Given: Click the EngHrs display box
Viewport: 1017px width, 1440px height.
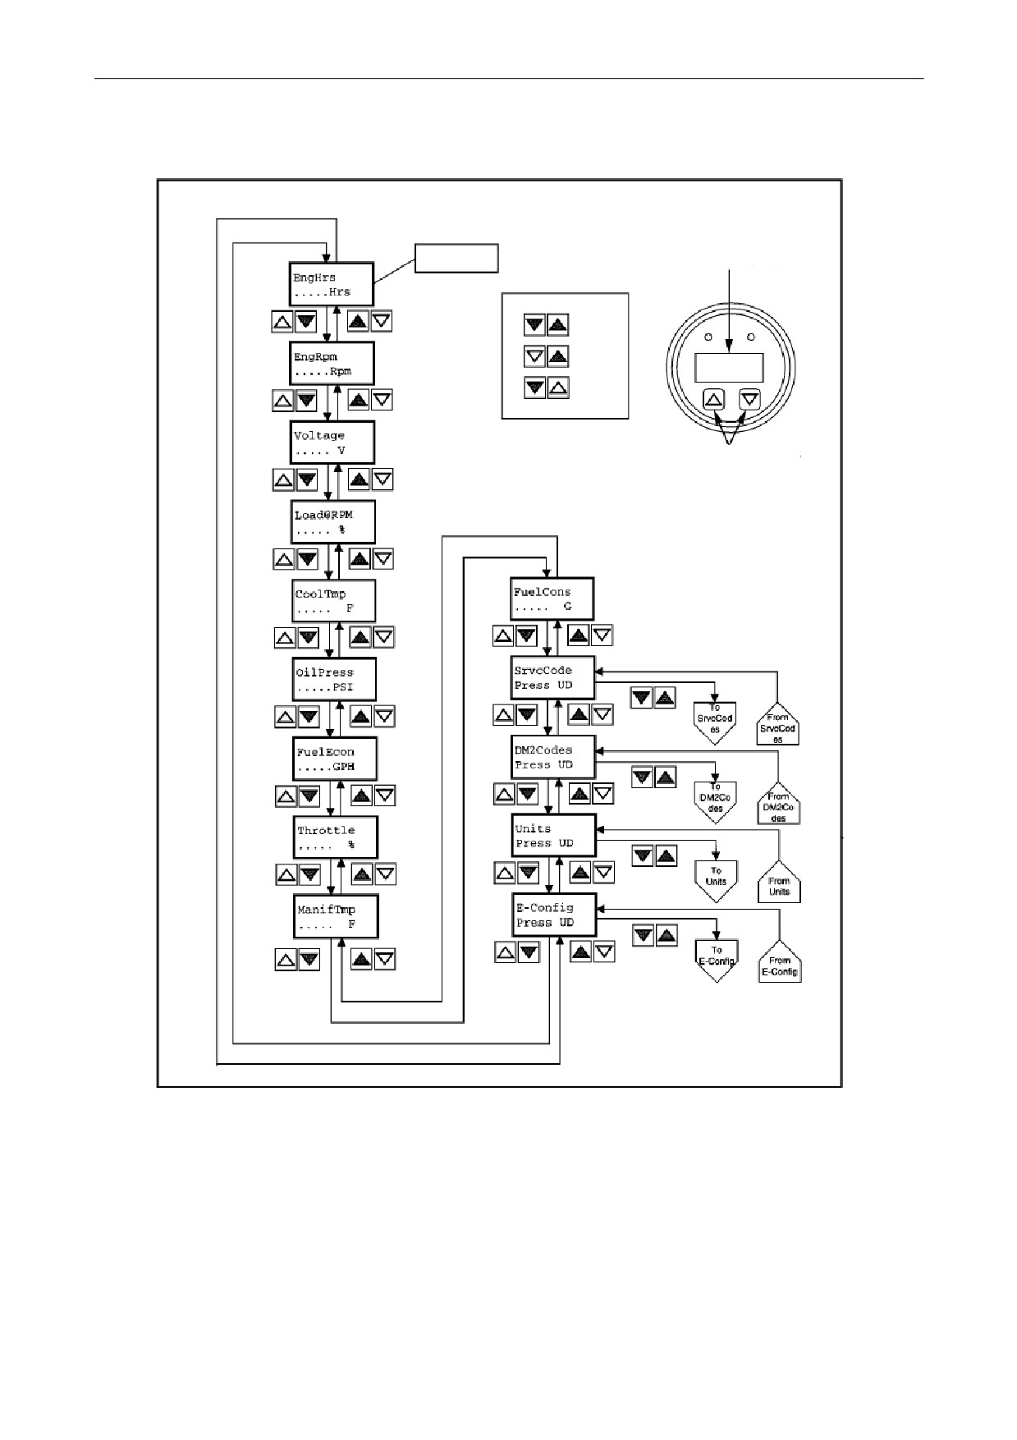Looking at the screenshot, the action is [x=332, y=284].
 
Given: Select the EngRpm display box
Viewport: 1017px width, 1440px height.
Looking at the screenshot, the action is [x=333, y=363].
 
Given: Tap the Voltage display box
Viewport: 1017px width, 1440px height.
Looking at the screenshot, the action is [x=333, y=443].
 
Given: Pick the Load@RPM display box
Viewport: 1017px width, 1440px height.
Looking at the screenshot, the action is [x=333, y=521].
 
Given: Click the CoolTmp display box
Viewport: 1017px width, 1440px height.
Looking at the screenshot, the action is [x=334, y=601].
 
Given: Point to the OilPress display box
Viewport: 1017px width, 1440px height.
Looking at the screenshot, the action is [x=335, y=679].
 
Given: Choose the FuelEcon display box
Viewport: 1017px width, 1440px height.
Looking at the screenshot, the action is [x=336, y=759].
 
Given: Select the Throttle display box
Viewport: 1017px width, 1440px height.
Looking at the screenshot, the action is [x=337, y=837].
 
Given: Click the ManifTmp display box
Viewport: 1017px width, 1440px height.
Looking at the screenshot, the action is [x=337, y=916].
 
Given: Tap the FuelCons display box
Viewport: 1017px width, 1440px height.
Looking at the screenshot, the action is [x=552, y=599].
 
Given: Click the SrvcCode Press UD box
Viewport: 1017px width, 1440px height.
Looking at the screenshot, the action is [x=552, y=678].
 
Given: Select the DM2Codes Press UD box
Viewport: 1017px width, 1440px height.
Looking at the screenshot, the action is [x=553, y=757].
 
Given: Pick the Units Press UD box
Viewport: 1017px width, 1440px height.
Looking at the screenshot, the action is [x=554, y=836].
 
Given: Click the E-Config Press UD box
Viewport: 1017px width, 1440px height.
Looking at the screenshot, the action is [x=555, y=915].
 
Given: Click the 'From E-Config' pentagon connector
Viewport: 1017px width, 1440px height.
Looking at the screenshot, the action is [x=780, y=961].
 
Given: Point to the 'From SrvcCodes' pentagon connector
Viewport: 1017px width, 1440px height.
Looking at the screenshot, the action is [x=777, y=723].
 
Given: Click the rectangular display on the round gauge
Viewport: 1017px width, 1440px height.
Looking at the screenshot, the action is [x=729, y=367].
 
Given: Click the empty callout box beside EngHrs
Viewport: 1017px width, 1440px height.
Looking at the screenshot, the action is [x=456, y=258].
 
